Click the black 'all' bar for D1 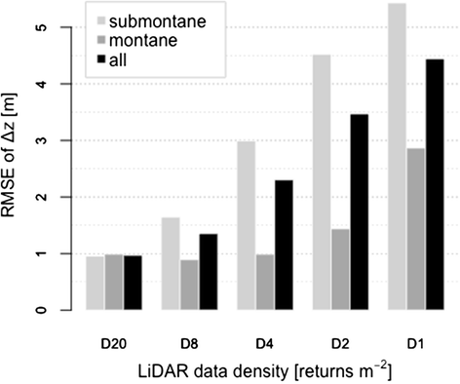tap(434, 185)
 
